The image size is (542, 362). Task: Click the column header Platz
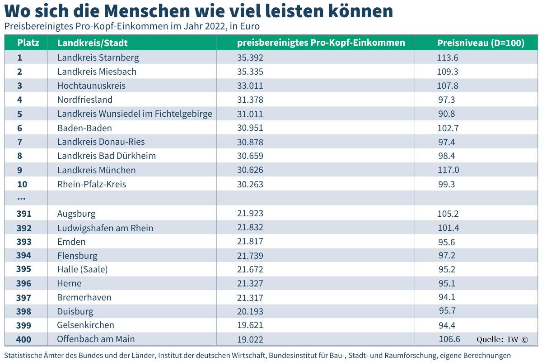28,43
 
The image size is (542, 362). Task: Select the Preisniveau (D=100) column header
481,43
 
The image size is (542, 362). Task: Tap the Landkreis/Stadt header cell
93,43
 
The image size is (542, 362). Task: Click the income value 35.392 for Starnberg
250,58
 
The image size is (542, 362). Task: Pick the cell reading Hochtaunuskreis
91,86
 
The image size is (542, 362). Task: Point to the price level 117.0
449,170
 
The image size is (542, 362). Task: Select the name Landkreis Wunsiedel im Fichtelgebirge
135,114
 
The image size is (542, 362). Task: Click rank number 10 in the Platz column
22,184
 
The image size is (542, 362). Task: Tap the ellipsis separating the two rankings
21,199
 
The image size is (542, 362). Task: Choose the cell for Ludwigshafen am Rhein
105,228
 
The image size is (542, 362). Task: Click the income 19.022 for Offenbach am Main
250,339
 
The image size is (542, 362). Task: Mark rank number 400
23,339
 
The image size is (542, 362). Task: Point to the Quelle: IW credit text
502,339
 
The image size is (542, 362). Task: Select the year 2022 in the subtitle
215,26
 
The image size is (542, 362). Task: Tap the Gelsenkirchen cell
85,325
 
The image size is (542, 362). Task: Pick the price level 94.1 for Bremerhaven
447,297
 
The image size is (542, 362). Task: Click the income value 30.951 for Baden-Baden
250,128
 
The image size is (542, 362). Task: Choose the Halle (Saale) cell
82,269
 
